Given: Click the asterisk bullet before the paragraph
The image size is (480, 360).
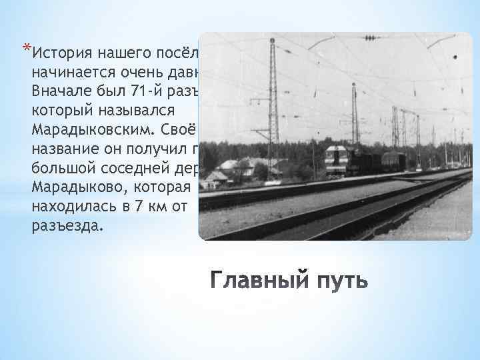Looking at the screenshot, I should click(26, 47).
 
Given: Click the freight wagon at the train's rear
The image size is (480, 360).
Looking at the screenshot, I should click(393, 162).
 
